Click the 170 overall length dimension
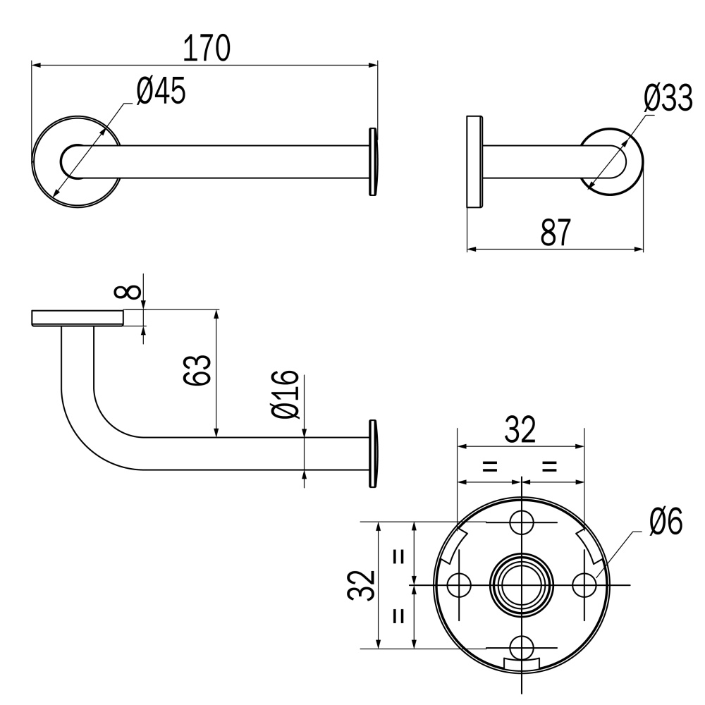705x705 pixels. [207, 48]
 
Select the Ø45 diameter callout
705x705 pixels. [161, 91]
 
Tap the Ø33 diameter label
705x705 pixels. [668, 98]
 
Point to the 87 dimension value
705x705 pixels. [556, 232]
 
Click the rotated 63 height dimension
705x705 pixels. [197, 370]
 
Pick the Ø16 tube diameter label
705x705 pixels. [286, 394]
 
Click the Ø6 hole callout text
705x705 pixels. [666, 521]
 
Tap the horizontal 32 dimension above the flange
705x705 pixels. [520, 429]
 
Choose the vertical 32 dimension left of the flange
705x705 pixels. [362, 585]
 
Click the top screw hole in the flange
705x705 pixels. [521, 522]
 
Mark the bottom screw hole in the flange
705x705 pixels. [522, 648]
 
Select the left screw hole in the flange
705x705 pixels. [459, 585]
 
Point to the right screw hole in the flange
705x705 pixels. [584, 585]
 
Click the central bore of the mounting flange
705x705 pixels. [522, 585]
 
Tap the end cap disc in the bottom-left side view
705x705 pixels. [373, 453]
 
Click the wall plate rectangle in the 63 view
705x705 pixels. [78, 318]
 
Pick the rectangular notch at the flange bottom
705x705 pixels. [522, 664]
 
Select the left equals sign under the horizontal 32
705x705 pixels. [490, 466]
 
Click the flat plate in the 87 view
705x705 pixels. [474, 162]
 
